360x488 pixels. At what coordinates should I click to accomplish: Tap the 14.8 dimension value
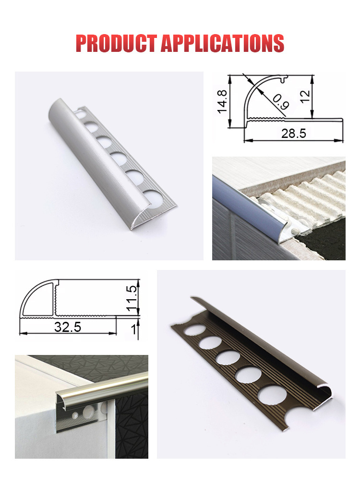tap(222, 101)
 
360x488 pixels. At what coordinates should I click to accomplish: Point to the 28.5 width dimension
tap(293, 134)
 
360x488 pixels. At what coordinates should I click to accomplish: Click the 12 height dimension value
tap(305, 96)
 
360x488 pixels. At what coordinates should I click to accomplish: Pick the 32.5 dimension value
tap(68, 327)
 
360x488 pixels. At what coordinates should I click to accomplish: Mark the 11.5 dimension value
tap(132, 298)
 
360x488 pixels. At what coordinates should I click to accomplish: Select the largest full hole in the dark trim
tap(272, 395)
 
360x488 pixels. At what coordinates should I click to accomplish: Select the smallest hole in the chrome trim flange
tap(75, 415)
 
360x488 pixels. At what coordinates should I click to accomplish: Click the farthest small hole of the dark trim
tap(195, 329)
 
